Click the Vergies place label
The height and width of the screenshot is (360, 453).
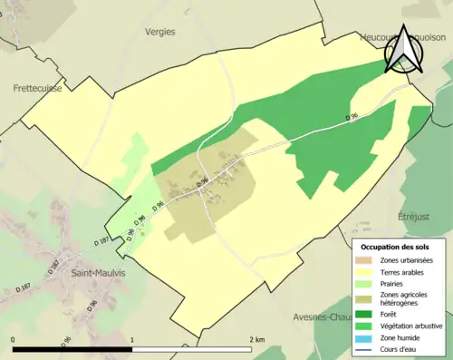(x=159, y=31)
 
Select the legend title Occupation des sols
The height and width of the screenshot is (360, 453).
(x=397, y=247)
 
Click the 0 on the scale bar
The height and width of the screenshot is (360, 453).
(x=14, y=339)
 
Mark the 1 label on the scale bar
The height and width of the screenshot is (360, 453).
(x=133, y=339)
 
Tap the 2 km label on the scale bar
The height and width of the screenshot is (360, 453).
(x=257, y=339)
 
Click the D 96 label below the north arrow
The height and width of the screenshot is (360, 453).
(x=352, y=118)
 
